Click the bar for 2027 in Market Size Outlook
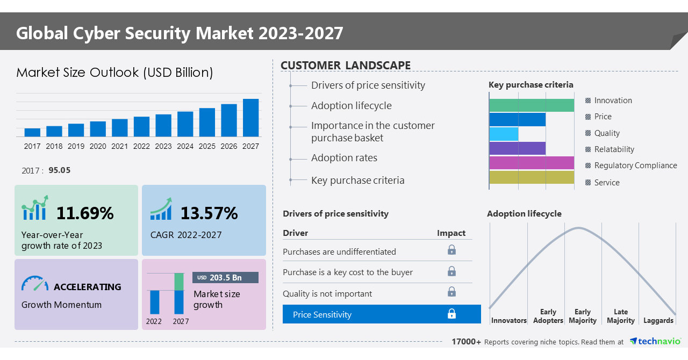(250, 118)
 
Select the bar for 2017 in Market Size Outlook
(32, 132)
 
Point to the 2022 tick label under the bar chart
(141, 146)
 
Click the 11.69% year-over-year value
(85, 213)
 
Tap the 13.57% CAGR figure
(209, 213)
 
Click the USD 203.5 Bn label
(225, 278)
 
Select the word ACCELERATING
(88, 287)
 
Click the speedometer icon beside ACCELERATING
(35, 284)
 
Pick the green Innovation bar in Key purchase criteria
(531, 105)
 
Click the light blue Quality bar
(504, 134)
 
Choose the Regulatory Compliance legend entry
(635, 165)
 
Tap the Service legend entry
(606, 183)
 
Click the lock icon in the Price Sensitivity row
(451, 314)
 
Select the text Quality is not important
(327, 293)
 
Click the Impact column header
(451, 233)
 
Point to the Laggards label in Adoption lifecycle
(658, 320)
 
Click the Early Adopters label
(548, 316)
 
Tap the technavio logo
(655, 341)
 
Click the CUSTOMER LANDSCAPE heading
(346, 66)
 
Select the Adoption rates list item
(344, 158)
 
